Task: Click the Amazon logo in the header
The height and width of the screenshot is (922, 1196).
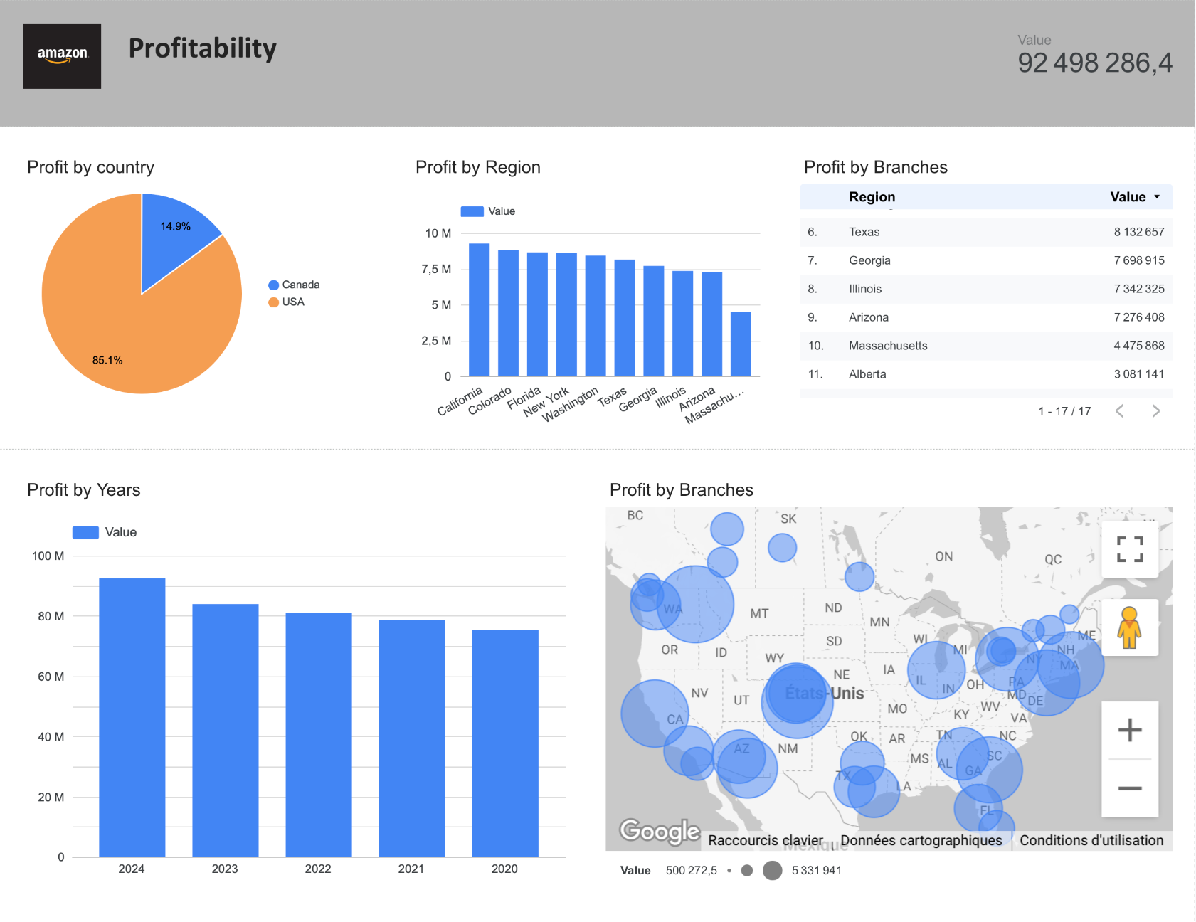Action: coord(62,56)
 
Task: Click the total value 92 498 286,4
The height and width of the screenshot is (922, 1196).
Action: coord(1094,63)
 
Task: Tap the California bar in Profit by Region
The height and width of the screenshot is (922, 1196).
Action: coord(479,309)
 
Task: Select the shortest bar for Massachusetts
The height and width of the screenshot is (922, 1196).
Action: coord(741,344)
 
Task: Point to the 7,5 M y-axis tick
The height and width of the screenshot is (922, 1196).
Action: coord(436,269)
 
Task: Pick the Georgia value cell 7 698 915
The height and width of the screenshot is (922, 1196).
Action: coord(1138,260)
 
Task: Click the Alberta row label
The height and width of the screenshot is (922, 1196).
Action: coord(867,374)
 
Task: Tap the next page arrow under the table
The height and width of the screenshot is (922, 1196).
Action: coord(1155,411)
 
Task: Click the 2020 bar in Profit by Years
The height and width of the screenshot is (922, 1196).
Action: coord(505,743)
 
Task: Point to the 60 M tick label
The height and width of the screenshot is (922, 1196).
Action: coord(51,677)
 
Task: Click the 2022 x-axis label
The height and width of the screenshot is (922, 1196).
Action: coord(318,869)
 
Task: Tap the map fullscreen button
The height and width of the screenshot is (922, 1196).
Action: coord(1129,549)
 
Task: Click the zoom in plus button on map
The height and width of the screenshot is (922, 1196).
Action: coord(1129,731)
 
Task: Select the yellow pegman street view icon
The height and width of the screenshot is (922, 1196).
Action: coord(1129,627)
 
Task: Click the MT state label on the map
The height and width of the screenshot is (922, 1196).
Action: coord(759,613)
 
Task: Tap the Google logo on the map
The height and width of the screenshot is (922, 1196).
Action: coord(660,830)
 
